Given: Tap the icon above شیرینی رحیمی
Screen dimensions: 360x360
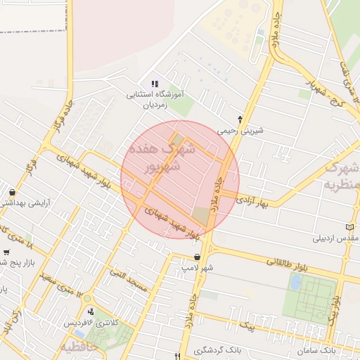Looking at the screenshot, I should click(x=240, y=119).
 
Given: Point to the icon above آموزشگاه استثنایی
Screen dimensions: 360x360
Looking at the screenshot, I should click(x=155, y=84).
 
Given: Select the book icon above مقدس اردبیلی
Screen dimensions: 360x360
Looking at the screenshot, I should click(x=350, y=227).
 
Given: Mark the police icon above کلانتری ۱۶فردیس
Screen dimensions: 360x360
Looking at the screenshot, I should click(x=90, y=311).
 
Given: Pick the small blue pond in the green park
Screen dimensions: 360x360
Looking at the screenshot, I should click(x=296, y=282).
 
